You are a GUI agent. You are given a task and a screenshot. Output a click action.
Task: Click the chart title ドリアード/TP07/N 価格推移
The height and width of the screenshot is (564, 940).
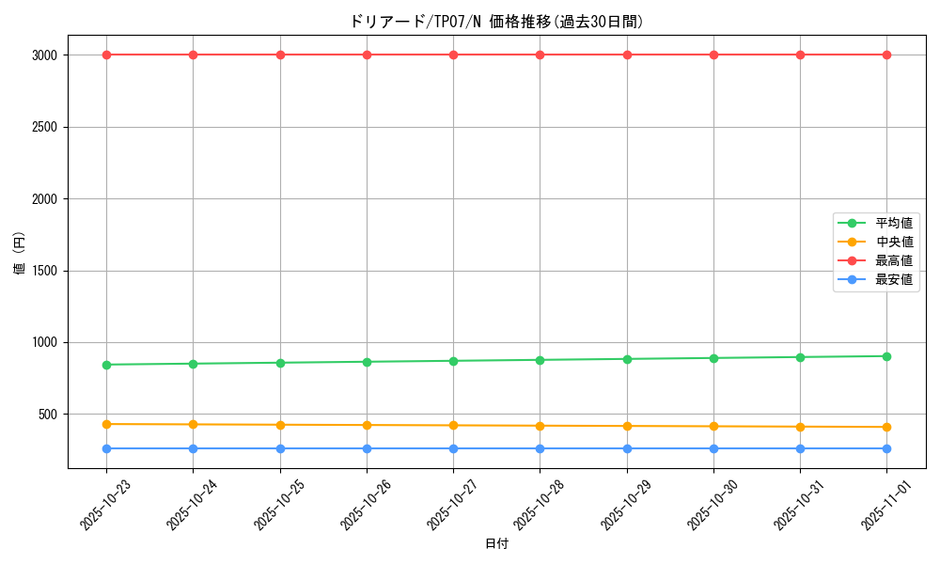(496, 22)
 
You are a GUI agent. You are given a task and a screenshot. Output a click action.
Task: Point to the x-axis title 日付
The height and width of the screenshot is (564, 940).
(496, 544)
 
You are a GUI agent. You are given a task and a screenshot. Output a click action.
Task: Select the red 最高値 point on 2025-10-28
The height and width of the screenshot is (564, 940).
(540, 55)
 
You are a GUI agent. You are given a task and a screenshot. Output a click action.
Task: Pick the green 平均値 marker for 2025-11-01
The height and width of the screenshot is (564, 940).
(886, 356)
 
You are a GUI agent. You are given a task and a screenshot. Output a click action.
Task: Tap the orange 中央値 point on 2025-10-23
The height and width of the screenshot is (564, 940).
(106, 424)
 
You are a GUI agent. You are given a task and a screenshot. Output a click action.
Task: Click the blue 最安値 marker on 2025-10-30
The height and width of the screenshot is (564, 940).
(713, 448)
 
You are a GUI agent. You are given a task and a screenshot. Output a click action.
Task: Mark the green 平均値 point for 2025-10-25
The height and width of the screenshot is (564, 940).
(280, 363)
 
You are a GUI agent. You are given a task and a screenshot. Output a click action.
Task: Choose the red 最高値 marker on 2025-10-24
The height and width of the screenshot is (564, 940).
(193, 55)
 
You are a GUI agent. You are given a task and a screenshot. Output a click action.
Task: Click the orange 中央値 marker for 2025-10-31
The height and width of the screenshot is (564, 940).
(800, 427)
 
